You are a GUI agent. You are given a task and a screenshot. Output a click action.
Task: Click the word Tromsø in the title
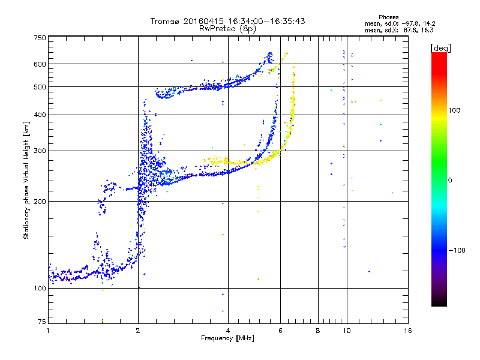164,21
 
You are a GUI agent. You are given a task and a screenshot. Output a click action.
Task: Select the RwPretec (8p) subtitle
228,28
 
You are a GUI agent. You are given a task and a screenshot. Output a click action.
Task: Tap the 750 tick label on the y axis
40,38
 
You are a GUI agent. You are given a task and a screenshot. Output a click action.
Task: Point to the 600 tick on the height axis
40,64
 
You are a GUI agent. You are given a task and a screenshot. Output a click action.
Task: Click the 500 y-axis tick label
40,87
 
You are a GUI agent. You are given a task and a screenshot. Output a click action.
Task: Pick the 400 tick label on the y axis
40,115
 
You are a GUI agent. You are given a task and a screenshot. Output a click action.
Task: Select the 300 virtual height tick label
40,151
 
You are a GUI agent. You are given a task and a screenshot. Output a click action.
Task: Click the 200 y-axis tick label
40,202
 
